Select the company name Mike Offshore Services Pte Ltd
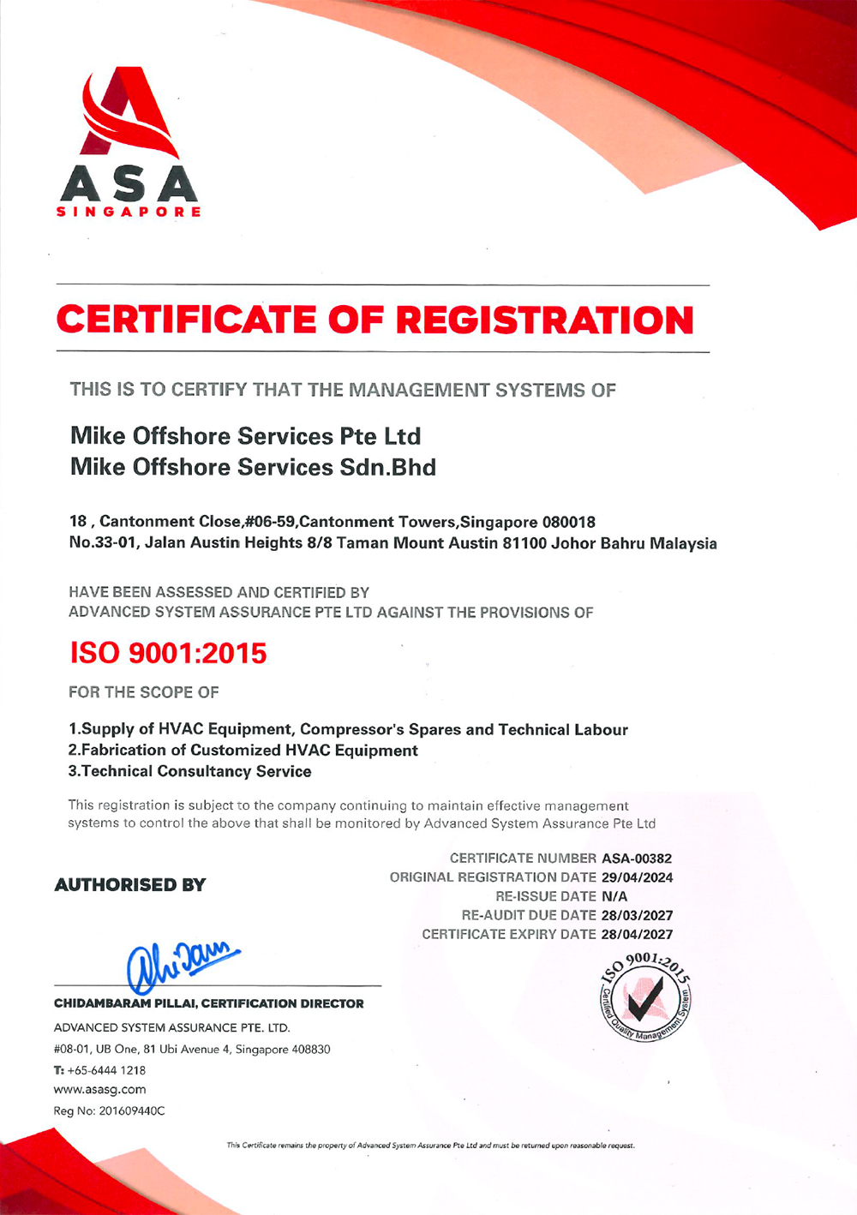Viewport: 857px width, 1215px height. [245, 436]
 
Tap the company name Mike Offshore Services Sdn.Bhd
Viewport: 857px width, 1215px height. [253, 467]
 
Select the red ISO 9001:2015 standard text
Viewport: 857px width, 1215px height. [168, 654]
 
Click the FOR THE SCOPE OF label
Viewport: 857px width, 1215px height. [143, 692]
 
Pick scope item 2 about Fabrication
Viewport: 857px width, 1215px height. [243, 751]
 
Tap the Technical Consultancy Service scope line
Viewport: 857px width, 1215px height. [189, 771]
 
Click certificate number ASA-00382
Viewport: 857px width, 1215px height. [637, 859]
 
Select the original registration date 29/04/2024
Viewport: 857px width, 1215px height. [637, 877]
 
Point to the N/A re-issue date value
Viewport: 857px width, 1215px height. [614, 896]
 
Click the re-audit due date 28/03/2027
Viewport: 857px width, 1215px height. [637, 915]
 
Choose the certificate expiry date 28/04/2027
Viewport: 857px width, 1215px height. [637, 934]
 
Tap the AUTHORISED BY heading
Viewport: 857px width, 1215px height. [130, 885]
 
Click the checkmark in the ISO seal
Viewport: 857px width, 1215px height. [647, 997]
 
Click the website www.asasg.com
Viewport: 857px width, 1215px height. [99, 1090]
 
